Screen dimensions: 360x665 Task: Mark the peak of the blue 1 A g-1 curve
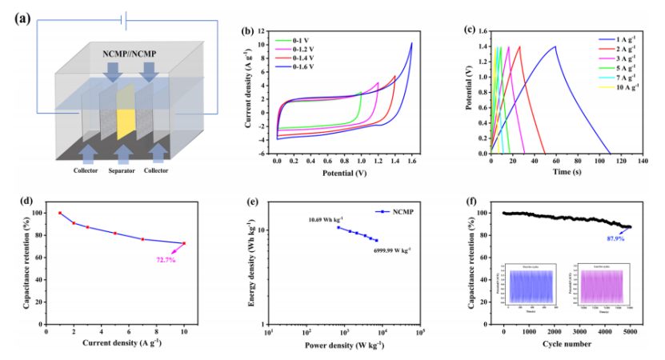coord(555,46)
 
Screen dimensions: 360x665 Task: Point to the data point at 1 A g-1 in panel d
coord(60,213)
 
